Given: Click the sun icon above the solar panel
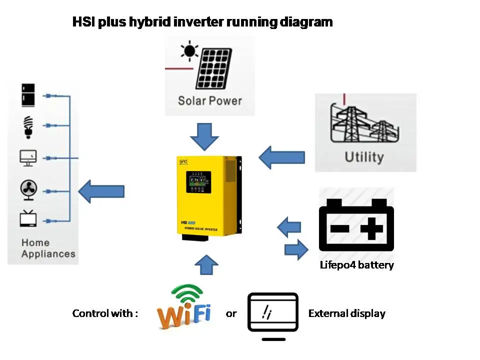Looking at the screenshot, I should pos(189,51).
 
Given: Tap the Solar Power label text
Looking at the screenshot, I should pos(209,100).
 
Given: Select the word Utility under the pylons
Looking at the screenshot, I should pos(363,157).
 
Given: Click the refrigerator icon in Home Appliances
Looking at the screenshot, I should pos(28,95).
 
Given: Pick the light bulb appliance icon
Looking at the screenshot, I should pos(28,126).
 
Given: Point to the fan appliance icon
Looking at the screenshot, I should pos(28,189).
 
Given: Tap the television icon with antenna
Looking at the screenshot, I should pos(27,219).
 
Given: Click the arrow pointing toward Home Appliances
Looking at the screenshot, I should pos(101,191).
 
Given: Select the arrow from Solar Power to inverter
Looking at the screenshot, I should pos(204,136).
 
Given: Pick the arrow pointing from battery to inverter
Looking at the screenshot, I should pos(289,227).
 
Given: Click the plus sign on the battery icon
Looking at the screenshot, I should pos(371,229).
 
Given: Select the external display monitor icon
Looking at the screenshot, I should pos(273,313).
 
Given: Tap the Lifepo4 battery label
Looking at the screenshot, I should pos(356,265).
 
